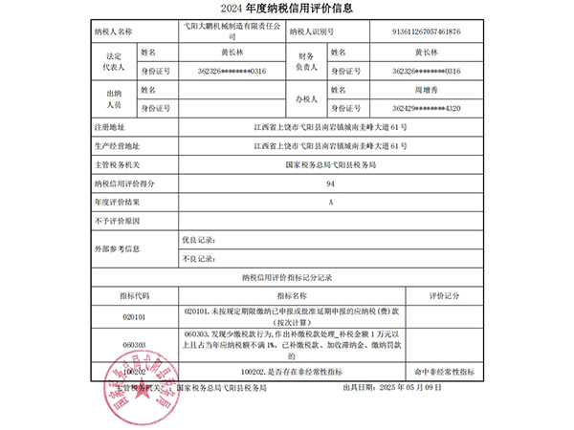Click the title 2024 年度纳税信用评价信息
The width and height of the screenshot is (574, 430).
pyautogui.click(x=287, y=12)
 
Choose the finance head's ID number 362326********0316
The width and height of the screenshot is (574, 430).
pyautogui.click(x=426, y=70)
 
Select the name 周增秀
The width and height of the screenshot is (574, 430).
pyautogui.click(x=426, y=89)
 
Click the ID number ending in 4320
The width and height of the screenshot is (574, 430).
pyautogui.click(x=426, y=107)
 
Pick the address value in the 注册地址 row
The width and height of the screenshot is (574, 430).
pyautogui.click(x=331, y=127)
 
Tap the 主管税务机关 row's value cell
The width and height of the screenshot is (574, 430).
pyautogui.click(x=331, y=164)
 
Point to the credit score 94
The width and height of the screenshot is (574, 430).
pyautogui.click(x=331, y=183)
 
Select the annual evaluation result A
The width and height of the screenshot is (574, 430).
pyautogui.click(x=331, y=202)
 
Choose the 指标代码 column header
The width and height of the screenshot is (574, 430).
pyautogui.click(x=135, y=296)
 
